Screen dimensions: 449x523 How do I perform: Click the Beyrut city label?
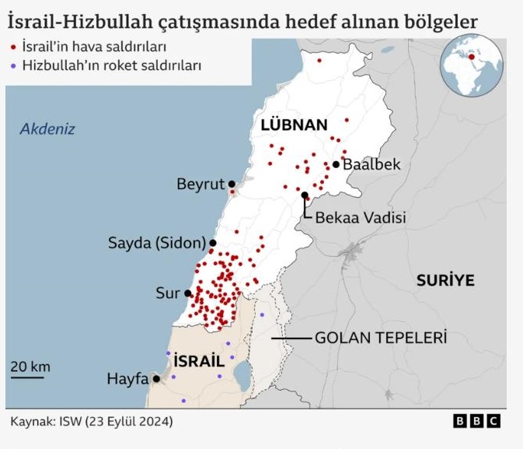click(x=200, y=184)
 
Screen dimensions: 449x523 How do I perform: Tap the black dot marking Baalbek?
click(x=336, y=164)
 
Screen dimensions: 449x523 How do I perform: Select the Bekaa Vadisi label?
click(x=361, y=218)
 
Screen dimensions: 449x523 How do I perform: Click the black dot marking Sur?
click(x=188, y=293)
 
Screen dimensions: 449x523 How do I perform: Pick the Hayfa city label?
click(x=127, y=379)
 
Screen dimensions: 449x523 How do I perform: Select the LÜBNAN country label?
click(x=294, y=125)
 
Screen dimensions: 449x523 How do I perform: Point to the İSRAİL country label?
click(x=199, y=361)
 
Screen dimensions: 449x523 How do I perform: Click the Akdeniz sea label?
click(x=47, y=129)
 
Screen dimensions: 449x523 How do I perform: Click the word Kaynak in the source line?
click(x=31, y=421)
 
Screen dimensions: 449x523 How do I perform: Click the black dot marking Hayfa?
click(x=157, y=379)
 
